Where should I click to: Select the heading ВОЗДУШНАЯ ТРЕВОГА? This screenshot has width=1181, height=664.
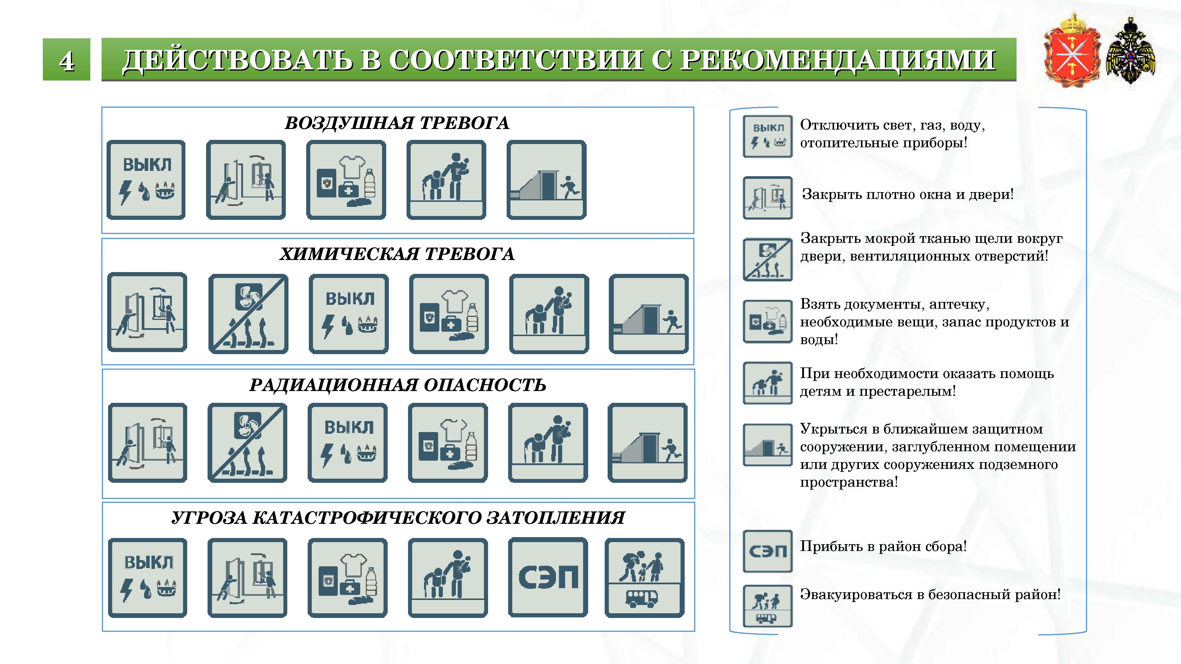pyautogui.click(x=397, y=123)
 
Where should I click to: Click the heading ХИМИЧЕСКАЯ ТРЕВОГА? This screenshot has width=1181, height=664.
pyautogui.click(x=397, y=254)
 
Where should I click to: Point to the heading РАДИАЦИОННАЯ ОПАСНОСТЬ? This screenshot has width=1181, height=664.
pyautogui.click(x=397, y=385)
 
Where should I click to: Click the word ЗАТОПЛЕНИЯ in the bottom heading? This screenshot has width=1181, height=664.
pyautogui.click(x=555, y=518)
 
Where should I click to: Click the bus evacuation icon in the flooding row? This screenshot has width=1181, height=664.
pyautogui.click(x=645, y=578)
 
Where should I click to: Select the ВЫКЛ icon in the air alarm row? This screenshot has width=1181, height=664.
pyautogui.click(x=146, y=180)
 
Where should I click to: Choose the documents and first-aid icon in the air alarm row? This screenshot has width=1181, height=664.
pyautogui.click(x=346, y=180)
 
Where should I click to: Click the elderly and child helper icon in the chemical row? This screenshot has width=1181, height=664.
pyautogui.click(x=549, y=314)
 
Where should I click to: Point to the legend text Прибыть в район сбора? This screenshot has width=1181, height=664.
pyautogui.click(x=883, y=546)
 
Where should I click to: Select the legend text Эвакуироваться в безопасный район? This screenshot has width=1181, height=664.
pyautogui.click(x=930, y=594)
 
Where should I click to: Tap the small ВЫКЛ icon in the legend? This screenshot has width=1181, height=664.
pyautogui.click(x=767, y=136)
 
